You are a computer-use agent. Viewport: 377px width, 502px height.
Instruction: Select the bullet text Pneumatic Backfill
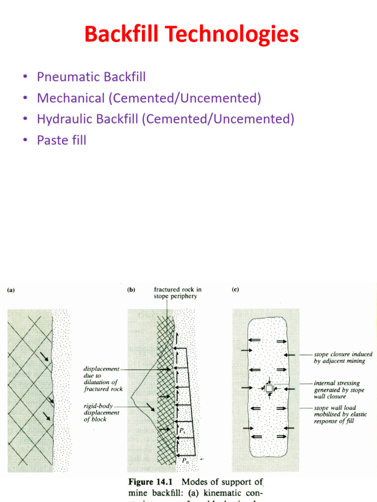[x=91, y=77]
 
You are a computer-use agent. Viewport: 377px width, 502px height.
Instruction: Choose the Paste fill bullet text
[x=61, y=140]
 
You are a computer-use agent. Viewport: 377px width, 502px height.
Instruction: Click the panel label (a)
[x=10, y=290]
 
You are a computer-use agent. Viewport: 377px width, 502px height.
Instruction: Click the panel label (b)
[x=131, y=290]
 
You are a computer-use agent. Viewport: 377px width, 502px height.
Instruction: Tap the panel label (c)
[x=235, y=290]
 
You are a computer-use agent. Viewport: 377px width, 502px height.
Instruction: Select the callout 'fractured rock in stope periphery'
[x=177, y=293]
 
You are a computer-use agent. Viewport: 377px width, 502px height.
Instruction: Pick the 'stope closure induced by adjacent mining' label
[x=343, y=357]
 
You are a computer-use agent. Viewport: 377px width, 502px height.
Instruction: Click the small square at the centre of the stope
[x=269, y=388]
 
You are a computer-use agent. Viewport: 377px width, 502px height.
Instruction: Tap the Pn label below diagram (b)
[x=185, y=460]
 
